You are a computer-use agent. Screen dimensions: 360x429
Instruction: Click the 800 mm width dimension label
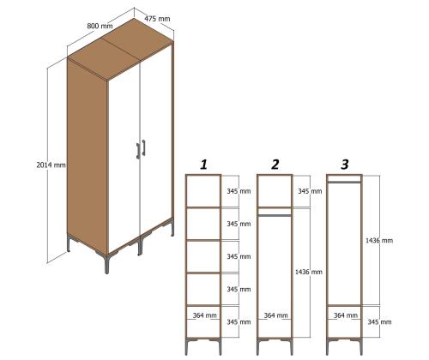pyautogui.click(x=100, y=27)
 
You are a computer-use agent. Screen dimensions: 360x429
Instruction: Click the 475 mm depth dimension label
pyautogui.click(x=156, y=18)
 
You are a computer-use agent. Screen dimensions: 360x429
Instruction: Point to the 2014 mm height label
pyautogui.click(x=53, y=165)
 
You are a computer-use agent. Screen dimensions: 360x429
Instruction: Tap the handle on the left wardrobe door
pyautogui.click(x=136, y=151)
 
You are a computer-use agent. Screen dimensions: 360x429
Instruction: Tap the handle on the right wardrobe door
pyautogui.click(x=144, y=147)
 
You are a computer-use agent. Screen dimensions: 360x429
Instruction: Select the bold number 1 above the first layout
pyautogui.click(x=203, y=163)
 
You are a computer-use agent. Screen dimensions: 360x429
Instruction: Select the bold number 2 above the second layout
pyautogui.click(x=275, y=164)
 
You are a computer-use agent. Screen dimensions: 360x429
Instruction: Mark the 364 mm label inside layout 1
pyautogui.click(x=204, y=315)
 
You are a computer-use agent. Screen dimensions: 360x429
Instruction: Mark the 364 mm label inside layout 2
pyautogui.click(x=275, y=315)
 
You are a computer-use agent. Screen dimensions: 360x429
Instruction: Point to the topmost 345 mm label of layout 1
pyautogui.click(x=238, y=191)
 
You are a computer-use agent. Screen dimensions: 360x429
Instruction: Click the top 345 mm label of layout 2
pyautogui.click(x=310, y=191)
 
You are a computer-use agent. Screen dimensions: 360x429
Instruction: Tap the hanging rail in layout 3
pyautogui.click(x=344, y=182)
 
